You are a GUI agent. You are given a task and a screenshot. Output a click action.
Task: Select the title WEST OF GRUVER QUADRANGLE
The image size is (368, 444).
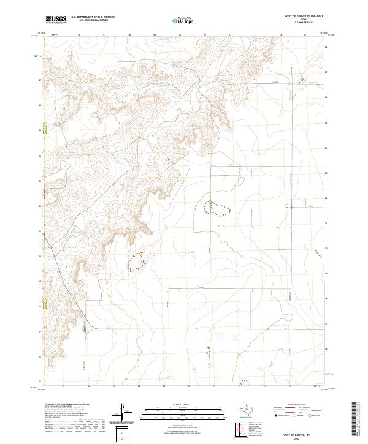click(x=302, y=15)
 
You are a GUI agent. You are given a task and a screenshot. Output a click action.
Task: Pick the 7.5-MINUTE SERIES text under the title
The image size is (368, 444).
click(x=302, y=23)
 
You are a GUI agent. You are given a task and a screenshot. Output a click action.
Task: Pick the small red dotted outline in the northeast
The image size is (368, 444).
click(x=301, y=80)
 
